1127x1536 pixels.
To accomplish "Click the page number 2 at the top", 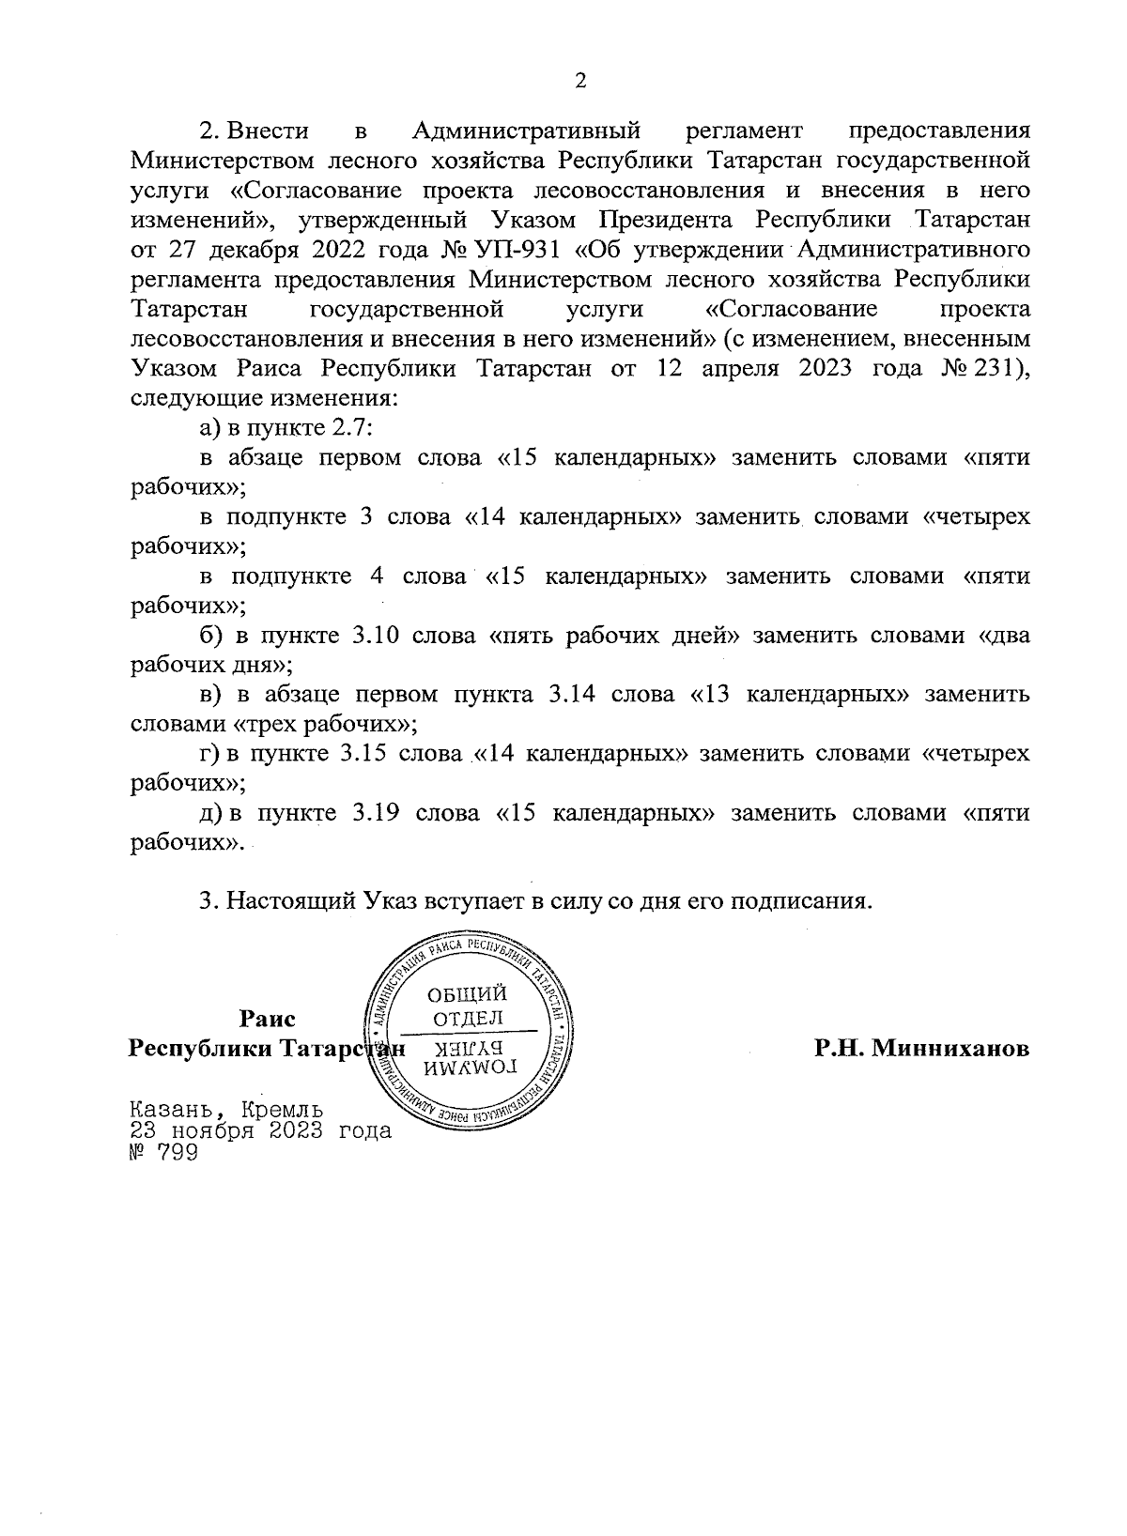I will (x=579, y=82).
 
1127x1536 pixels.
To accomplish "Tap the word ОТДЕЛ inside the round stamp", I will (x=467, y=1018).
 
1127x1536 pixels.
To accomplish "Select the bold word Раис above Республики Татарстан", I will (x=268, y=1020).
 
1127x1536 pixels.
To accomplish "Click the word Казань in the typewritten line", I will (x=178, y=1108).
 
